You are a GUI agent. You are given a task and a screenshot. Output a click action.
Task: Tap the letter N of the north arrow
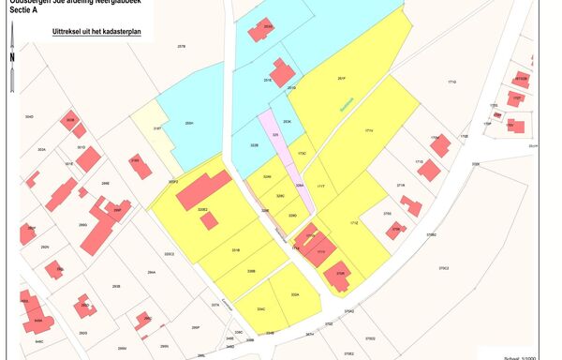(x=10, y=56)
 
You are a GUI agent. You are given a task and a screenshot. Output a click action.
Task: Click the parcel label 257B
(x=182, y=45)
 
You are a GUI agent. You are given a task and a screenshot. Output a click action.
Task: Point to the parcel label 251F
(x=343, y=80)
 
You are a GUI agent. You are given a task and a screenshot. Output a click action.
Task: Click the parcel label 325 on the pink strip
(x=275, y=135)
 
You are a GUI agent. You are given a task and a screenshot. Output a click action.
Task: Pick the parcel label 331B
(x=236, y=250)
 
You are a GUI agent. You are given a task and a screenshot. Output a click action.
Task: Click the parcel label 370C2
(x=416, y=269)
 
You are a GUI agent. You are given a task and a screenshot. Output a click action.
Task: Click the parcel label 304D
(x=29, y=117)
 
